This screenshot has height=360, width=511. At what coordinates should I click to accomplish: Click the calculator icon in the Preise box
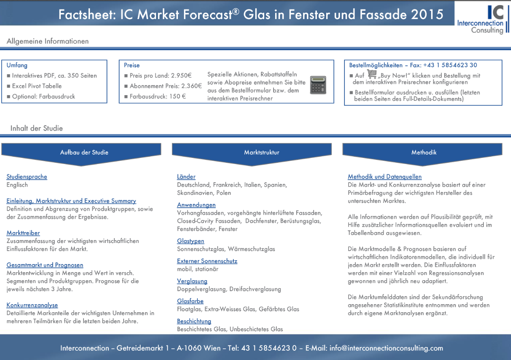(x=318, y=85)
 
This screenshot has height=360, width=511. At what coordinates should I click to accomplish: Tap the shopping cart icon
(x=372, y=74)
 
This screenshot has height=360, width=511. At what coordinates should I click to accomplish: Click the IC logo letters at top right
(x=496, y=12)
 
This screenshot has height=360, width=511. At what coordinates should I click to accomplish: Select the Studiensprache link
(x=27, y=177)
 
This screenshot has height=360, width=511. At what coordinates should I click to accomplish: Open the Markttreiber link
(x=23, y=233)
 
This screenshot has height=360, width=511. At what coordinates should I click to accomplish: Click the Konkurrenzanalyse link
(x=32, y=305)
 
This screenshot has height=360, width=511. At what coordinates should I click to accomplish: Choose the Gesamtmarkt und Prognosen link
(x=45, y=265)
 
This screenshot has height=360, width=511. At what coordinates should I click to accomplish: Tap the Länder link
(x=186, y=177)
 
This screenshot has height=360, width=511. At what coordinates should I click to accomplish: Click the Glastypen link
(x=190, y=241)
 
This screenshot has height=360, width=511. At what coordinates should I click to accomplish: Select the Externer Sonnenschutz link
(x=207, y=261)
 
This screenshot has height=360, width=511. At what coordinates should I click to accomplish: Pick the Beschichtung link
(x=194, y=321)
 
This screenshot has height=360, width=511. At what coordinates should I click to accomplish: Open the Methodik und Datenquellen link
(x=385, y=177)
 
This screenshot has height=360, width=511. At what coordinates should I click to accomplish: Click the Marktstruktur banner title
(x=262, y=152)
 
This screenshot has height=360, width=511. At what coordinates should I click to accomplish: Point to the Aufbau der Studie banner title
(x=84, y=152)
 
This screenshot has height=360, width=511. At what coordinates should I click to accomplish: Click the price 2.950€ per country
(x=182, y=75)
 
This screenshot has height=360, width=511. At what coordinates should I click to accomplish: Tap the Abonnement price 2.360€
(x=192, y=86)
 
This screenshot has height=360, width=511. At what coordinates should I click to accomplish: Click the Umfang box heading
(x=17, y=65)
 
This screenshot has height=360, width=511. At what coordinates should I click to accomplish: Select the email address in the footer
(x=386, y=348)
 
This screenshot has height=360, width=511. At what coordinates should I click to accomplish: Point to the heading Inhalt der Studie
(x=36, y=128)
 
